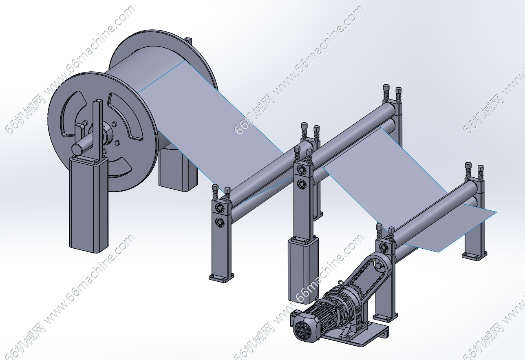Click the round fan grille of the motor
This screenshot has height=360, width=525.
click(302, 329)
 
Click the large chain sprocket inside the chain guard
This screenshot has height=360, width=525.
click(379, 265)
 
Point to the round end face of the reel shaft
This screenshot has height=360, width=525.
click(76, 148)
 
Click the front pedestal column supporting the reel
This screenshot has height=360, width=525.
click(88, 204)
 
